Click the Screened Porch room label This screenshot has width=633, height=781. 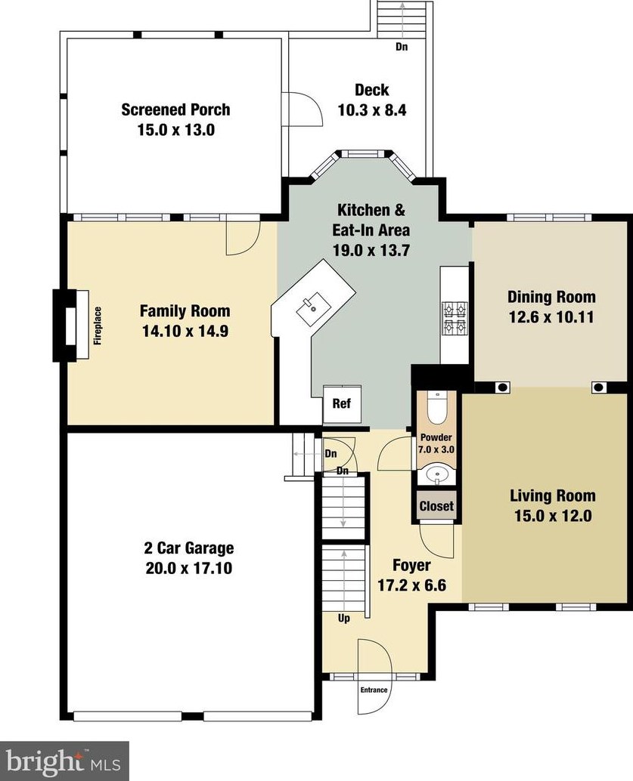pos(175,110)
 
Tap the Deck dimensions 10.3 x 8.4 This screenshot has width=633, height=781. pos(372,110)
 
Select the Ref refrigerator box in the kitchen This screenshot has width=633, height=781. pos(342,404)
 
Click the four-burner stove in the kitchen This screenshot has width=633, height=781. pos(454,318)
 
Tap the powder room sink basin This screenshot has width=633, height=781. pos(436,474)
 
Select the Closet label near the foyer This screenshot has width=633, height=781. pos(436,507)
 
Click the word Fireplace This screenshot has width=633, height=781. pos(98,326)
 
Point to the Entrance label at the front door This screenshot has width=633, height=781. pos(374,690)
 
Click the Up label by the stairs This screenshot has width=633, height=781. pos(343,619)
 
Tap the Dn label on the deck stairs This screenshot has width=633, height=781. pos(402,46)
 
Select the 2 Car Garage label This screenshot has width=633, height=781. pos(188,548)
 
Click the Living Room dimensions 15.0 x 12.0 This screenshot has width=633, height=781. pos(553,516)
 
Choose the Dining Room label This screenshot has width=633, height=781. pos(551,297)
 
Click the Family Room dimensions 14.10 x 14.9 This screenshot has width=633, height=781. pos(185,332)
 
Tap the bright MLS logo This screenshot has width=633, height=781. pos(64,761)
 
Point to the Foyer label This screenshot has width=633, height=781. pos(411,565)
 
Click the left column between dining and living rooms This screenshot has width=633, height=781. pos(502,387)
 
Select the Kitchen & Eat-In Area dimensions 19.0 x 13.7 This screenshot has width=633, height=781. pos(371,250)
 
